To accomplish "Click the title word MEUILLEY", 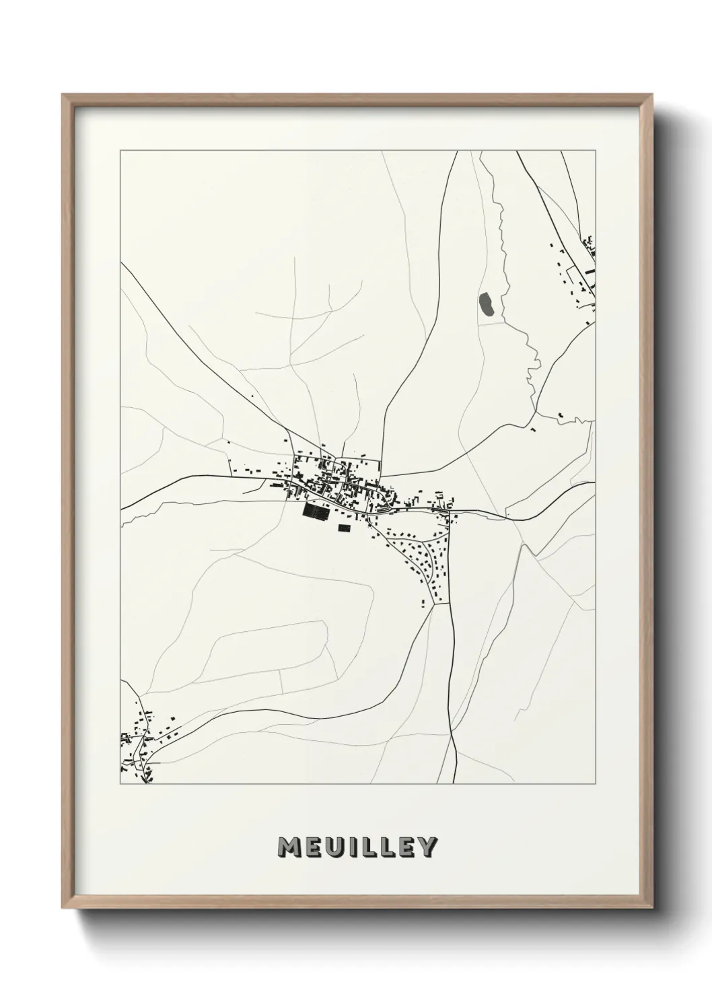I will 357,847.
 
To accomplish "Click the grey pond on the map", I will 487,304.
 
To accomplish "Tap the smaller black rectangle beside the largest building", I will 345,528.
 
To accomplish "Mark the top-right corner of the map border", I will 595,151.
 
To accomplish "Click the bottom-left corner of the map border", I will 120,783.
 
